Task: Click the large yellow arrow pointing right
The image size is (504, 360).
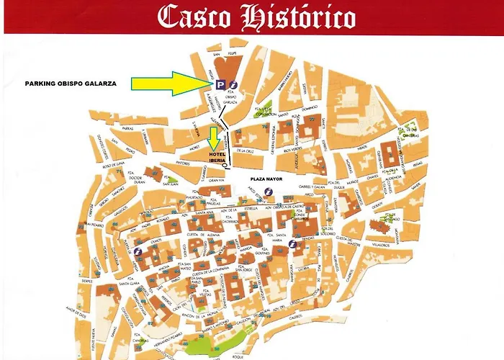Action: (x=172, y=84)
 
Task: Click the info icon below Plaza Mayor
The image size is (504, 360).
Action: (x=269, y=191)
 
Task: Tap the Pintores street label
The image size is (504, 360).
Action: (x=182, y=163)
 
